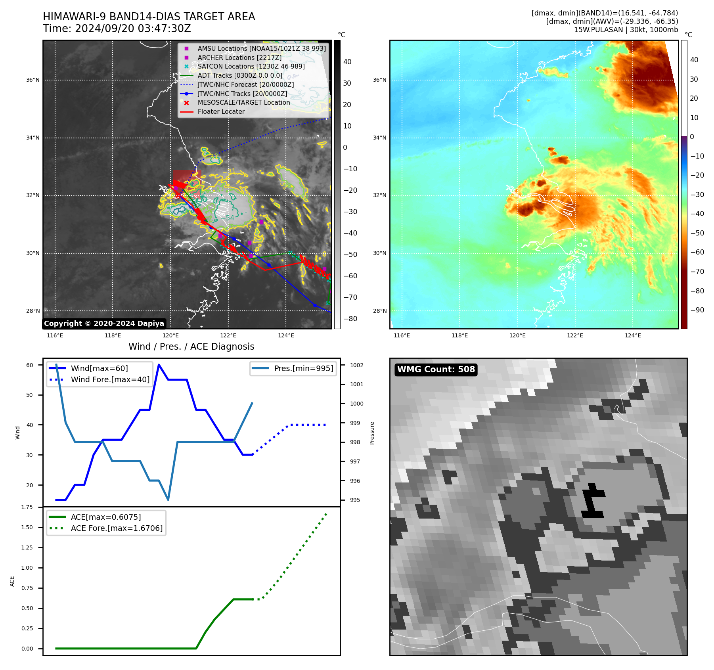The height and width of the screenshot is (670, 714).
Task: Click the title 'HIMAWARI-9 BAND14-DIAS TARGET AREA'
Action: (149, 17)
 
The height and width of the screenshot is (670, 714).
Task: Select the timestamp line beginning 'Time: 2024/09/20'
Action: (117, 29)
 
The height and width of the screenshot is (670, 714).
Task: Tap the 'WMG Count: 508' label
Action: (436, 369)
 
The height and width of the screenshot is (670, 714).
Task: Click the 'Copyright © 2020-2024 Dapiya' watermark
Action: (104, 324)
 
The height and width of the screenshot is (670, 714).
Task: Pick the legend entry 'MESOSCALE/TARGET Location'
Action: (243, 103)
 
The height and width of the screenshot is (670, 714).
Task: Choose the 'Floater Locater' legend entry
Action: (221, 112)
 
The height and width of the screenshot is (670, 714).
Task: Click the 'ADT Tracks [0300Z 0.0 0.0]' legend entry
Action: (240, 75)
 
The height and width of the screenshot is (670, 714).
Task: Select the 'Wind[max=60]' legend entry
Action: (99, 368)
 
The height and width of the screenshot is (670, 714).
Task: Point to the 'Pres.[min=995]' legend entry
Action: (303, 368)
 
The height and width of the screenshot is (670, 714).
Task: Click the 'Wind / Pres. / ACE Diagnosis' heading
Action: (191, 346)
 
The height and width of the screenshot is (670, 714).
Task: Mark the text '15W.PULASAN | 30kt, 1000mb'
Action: (626, 30)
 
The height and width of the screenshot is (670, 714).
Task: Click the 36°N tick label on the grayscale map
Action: (33, 80)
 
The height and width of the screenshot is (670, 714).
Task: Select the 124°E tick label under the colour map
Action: (633, 336)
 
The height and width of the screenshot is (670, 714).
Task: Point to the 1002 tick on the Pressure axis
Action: (356, 365)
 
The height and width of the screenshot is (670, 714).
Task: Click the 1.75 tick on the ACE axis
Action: (27, 507)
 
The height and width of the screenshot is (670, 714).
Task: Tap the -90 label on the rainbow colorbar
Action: (697, 310)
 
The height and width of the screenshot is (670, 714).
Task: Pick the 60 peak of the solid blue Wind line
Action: (159, 365)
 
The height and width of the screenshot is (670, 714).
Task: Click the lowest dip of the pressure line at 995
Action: (168, 500)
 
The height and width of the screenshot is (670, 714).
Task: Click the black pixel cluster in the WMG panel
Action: (592, 501)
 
